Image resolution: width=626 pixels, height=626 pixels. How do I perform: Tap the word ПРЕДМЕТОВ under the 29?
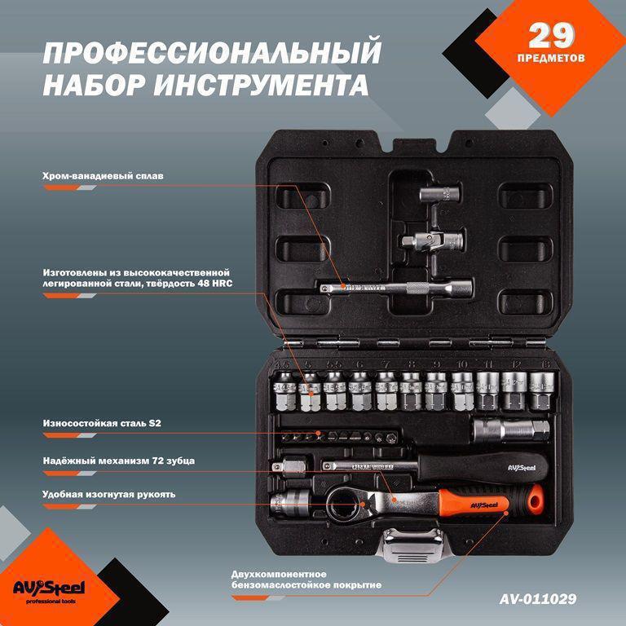(551, 59)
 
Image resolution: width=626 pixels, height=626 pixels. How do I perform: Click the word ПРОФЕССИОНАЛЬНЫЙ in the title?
(211, 53)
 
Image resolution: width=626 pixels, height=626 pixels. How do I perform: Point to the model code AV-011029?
(538, 598)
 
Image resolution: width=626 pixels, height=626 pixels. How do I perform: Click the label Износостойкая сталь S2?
(96, 424)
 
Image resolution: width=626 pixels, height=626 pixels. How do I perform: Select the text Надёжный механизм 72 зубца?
(118, 461)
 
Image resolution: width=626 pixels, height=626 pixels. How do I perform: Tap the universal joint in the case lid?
(432, 241)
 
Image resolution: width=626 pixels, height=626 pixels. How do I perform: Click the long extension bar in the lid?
(391, 286)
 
